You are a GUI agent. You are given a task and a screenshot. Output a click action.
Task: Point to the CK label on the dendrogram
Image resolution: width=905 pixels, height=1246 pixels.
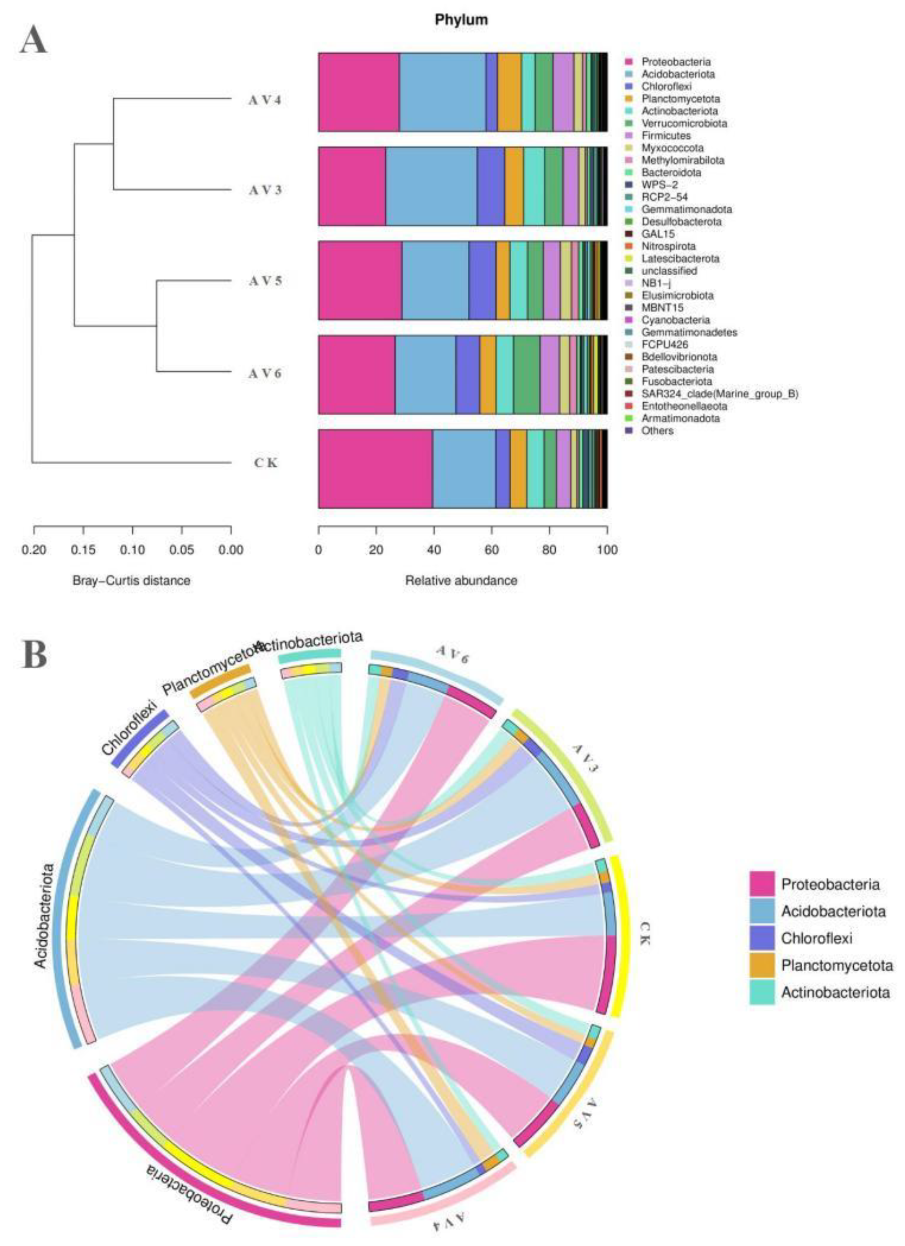click(266, 463)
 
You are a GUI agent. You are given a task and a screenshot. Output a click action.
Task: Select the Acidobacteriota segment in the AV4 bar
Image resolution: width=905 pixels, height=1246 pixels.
click(442, 92)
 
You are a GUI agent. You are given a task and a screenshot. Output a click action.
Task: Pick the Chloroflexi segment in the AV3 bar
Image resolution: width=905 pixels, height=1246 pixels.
click(490, 186)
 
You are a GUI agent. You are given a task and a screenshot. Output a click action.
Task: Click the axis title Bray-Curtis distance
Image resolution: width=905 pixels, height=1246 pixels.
click(131, 580)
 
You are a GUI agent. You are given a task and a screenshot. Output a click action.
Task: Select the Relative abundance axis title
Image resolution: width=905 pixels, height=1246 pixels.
click(461, 580)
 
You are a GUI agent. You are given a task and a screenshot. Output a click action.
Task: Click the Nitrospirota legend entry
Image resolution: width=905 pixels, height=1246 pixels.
click(668, 246)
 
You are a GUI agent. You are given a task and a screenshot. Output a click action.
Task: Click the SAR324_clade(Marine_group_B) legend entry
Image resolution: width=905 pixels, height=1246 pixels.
click(719, 394)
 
